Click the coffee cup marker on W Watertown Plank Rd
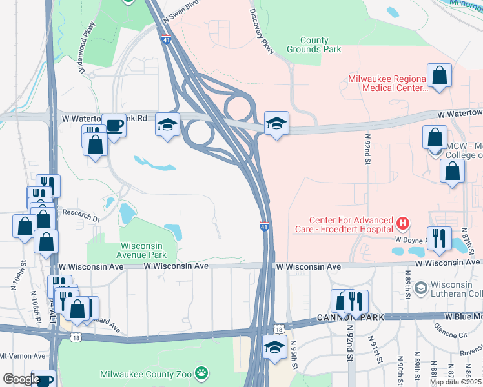[x=114, y=125]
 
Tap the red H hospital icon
[x=404, y=224]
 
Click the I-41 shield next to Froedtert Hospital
[x=265, y=227]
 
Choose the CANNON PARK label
[x=350, y=317]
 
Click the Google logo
[x=21, y=379]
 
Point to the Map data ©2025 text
[x=455, y=382]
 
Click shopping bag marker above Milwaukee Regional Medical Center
[x=440, y=75]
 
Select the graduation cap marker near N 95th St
[x=274, y=347]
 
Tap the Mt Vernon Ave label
[x=23, y=355]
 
